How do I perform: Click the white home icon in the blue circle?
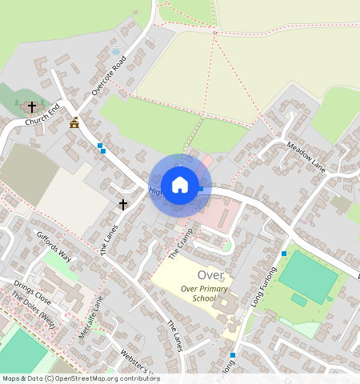pyautogui.click(x=180, y=185)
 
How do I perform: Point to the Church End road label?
pyautogui.click(x=42, y=117)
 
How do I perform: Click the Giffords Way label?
pyautogui.click(x=54, y=247)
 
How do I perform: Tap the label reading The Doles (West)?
pyautogui.click(x=33, y=309)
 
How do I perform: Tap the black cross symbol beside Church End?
pyautogui.click(x=32, y=106)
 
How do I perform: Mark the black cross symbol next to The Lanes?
pyautogui.click(x=123, y=205)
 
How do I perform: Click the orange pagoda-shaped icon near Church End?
pyautogui.click(x=75, y=122)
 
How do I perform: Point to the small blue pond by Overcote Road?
pyautogui.click(x=116, y=52)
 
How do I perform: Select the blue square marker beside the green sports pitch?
pyautogui.click(x=283, y=254)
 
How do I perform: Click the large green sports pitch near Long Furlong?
pyautogui.click(x=309, y=275)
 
